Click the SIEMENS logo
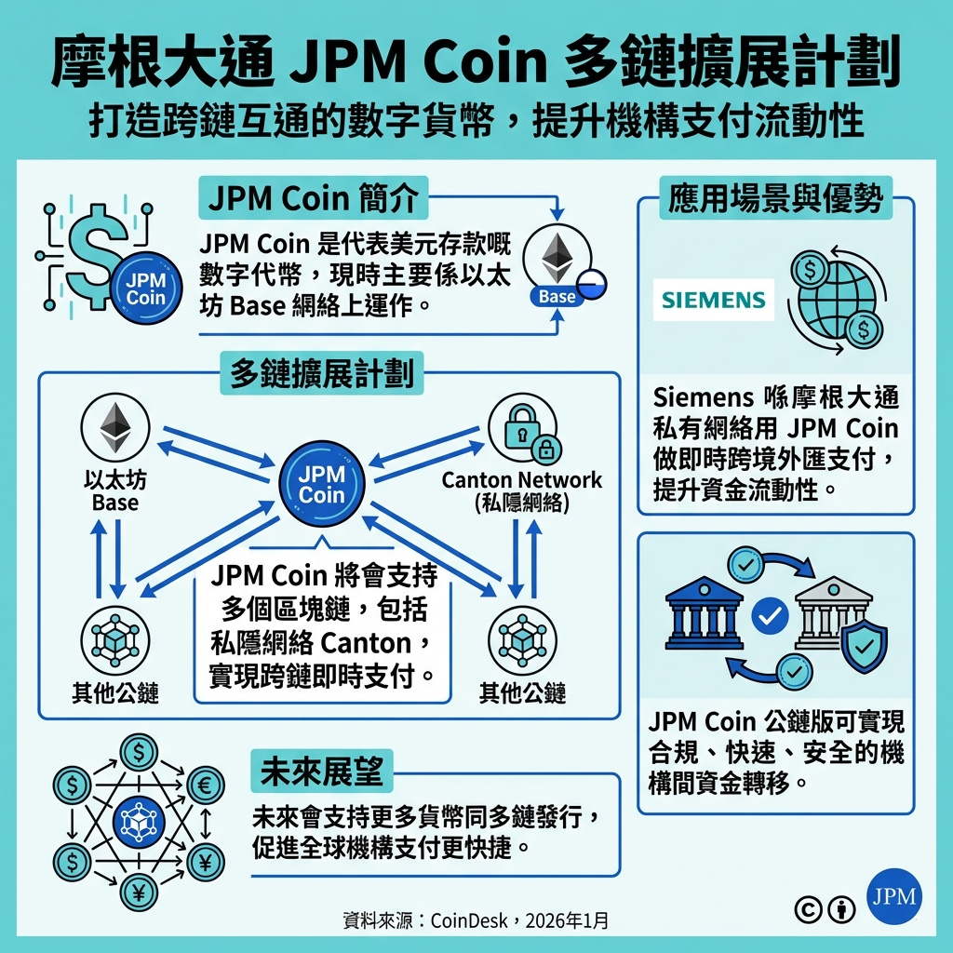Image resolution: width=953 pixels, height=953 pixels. click(x=714, y=300)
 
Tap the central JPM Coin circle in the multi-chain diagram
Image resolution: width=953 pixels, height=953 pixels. click(x=322, y=483)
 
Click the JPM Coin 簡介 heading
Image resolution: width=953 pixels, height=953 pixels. click(x=312, y=199)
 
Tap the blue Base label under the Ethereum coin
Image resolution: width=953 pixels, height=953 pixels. click(x=557, y=297)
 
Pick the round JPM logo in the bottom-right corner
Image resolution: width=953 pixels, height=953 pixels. click(x=894, y=898)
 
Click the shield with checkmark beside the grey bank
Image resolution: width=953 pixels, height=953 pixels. click(x=864, y=639)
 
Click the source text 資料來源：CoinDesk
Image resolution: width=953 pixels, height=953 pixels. click(x=476, y=920)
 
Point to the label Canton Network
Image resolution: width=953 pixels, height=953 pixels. click(x=521, y=480)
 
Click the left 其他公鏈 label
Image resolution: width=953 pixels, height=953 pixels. click(x=115, y=692)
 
